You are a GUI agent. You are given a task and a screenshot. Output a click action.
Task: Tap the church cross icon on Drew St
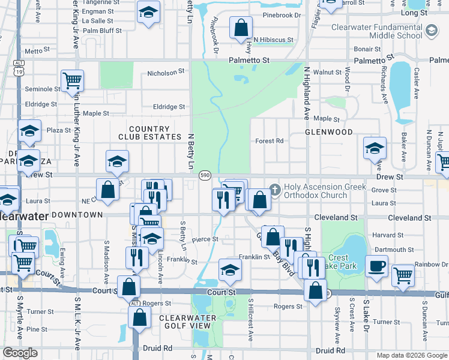tap(275, 189)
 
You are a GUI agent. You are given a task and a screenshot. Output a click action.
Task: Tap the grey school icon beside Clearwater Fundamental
tap(431, 31)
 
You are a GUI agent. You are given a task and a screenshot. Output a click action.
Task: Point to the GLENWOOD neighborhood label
tap(328, 131)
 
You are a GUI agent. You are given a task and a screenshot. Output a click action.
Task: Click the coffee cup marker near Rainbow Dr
tap(377, 266)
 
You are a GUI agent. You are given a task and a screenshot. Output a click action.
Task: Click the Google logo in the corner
tap(20, 353)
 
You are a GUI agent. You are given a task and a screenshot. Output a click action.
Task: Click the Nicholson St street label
tap(166, 73)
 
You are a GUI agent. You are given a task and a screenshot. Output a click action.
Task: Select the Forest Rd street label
tap(269, 141)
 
